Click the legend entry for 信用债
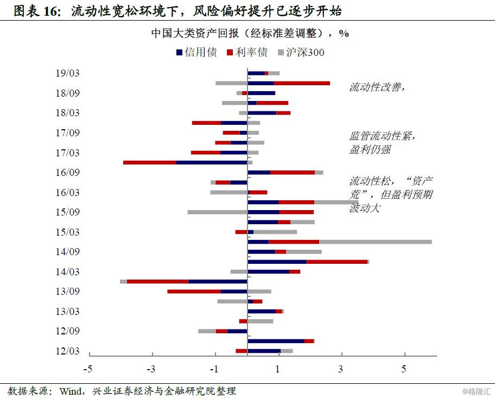tap(196, 53)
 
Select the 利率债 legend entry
tap(247, 53)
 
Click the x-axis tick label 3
tap(341, 370)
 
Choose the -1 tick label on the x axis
tap(214, 370)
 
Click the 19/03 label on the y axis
tap(67, 73)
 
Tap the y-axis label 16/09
tap(67, 173)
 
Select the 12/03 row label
tap(67, 351)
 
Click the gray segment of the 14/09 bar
tap(303, 252)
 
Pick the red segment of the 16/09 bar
tap(293, 173)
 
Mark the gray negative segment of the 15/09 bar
tap(217, 212)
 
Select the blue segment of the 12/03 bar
tap(264, 351)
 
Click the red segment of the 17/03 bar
tap(206, 153)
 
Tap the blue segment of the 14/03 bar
tap(268, 271)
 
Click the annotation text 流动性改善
tap(377, 87)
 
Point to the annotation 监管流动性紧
tap(383, 136)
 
